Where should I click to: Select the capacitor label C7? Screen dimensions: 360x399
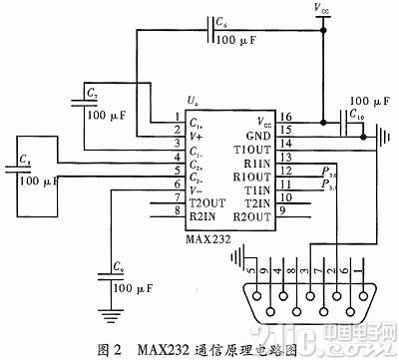coord(92,91)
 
